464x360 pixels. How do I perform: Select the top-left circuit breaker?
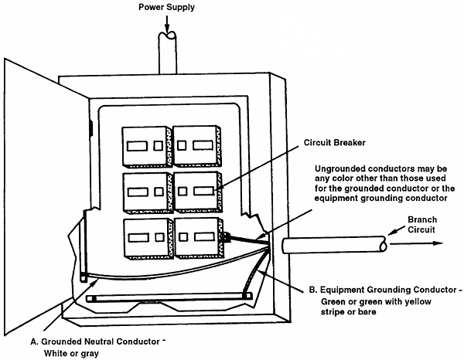[145, 145]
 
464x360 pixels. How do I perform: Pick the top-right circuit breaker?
[196, 144]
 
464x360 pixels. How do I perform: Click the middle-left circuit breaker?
[145, 189]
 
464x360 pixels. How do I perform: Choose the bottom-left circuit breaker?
[145, 237]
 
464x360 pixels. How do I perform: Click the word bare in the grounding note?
[397, 316]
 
